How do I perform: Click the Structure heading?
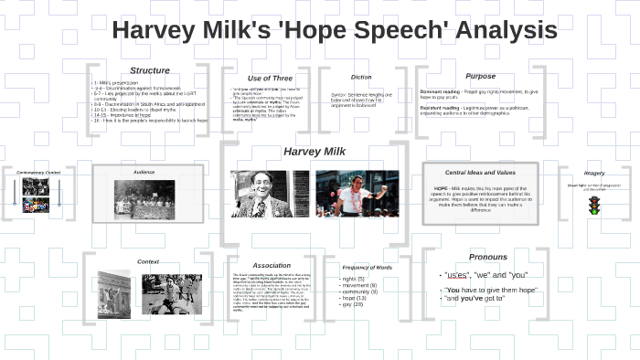pos(149,70)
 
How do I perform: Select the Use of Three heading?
pos(269,79)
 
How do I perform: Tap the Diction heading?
pos(361,77)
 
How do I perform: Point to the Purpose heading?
pos(480,76)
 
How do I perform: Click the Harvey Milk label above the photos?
pos(313,151)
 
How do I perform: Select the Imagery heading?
pos(594,173)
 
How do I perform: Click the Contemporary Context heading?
pos(37,173)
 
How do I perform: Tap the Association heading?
pos(272,265)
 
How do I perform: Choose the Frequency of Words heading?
pos(367,267)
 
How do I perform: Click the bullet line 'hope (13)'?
pos(353,298)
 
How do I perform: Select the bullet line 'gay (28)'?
pos(352,304)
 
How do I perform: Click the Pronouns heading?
pos(487,257)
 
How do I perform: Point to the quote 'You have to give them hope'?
pos(490,290)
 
